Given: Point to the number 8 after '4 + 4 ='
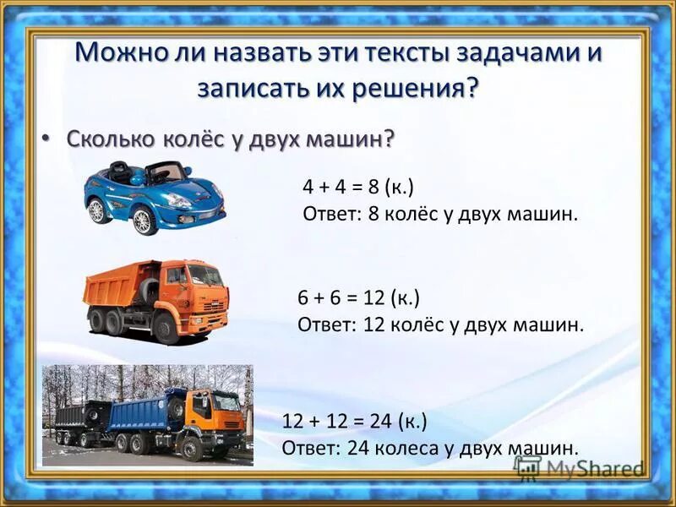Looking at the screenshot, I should (x=373, y=187).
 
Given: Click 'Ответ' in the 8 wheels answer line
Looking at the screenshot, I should (x=330, y=214).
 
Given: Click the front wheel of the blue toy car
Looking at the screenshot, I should (x=144, y=221).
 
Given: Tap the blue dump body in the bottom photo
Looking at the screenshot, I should (x=140, y=413).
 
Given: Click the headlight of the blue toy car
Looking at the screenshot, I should (x=178, y=200).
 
